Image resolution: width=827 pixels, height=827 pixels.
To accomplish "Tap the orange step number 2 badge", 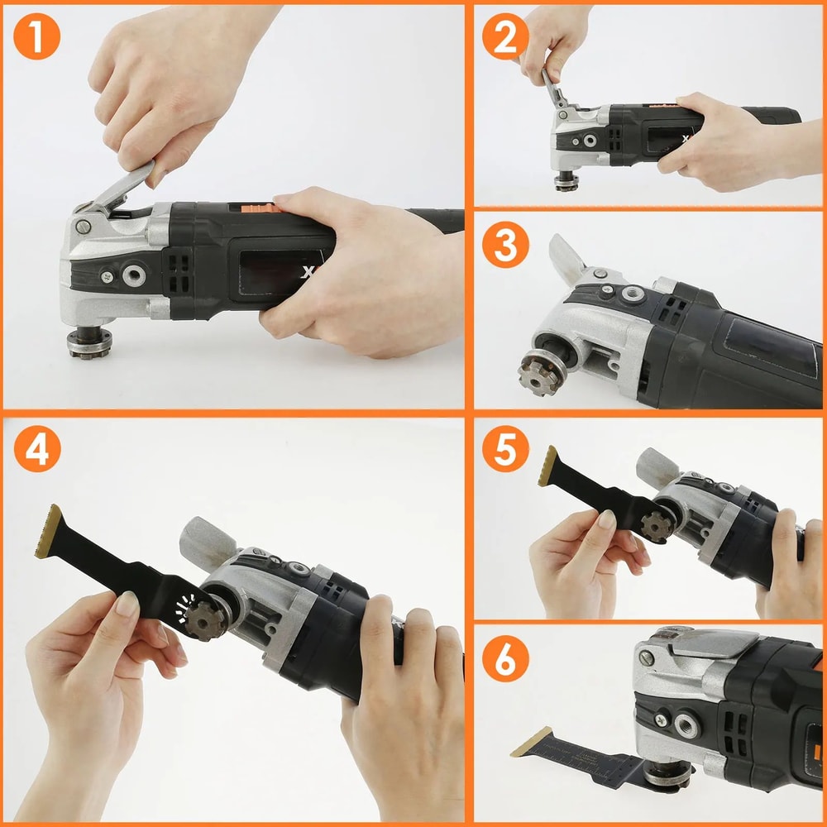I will click(505, 36).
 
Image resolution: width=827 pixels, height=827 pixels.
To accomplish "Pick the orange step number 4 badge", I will click(36, 449).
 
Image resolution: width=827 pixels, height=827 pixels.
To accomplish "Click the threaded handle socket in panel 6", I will click(686, 725).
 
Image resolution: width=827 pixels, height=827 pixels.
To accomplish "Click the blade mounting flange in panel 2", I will click(566, 182).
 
